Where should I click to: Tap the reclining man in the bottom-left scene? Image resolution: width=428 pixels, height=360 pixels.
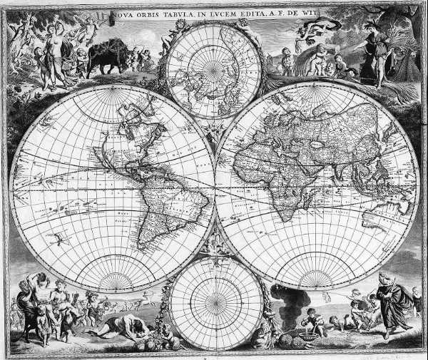[x=128, y=327]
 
